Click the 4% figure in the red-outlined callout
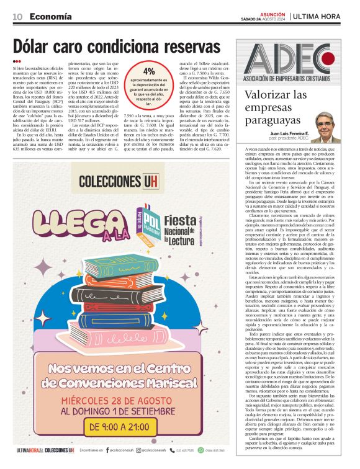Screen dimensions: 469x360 (148, 72)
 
